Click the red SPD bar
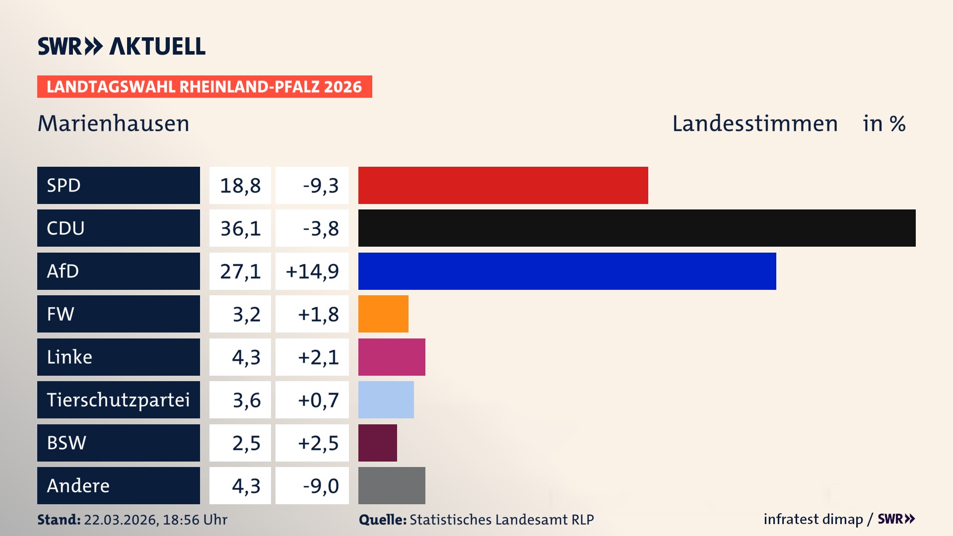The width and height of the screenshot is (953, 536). coord(503,185)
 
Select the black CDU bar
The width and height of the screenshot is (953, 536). coord(637,228)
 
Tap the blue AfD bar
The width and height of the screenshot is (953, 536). coord(567,271)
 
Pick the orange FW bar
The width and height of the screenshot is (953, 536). coord(383,314)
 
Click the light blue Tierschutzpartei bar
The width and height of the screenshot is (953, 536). coord(386,400)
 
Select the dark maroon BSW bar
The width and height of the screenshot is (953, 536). coord(377,443)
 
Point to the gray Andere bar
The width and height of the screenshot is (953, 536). coord(392,485)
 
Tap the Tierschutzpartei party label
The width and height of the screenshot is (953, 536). coord(118,400)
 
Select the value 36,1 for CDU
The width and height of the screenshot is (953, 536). coord(240,228)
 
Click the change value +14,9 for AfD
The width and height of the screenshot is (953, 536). coord(312,271)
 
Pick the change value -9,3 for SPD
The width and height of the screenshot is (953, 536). coord(320,186)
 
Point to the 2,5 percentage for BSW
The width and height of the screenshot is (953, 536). coord(246,443)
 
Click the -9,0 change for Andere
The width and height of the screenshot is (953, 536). coord(320,486)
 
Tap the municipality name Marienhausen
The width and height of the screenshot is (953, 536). coord(114,124)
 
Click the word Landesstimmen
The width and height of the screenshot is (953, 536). coord(754,124)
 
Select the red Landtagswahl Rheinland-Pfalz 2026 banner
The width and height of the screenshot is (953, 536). coord(204,87)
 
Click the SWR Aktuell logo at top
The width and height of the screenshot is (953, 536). coord(122,46)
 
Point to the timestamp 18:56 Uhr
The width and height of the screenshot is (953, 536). coord(195,520)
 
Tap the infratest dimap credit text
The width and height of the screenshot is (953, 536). coord(813,519)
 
